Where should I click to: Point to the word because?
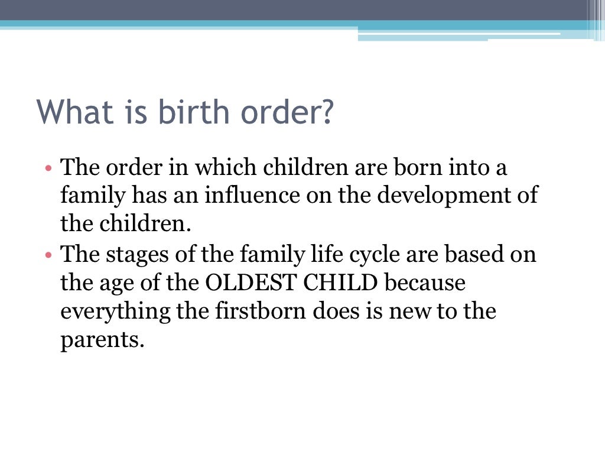click(425, 283)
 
